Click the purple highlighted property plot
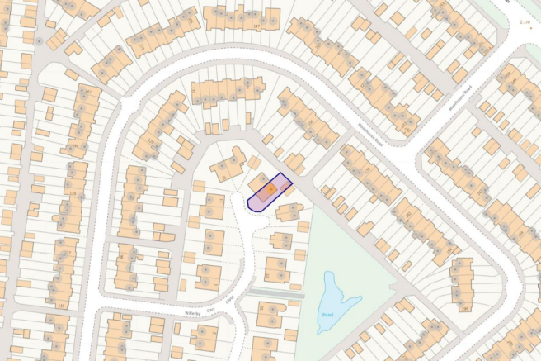(x=270, y=192)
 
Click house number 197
(x=256, y=27)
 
